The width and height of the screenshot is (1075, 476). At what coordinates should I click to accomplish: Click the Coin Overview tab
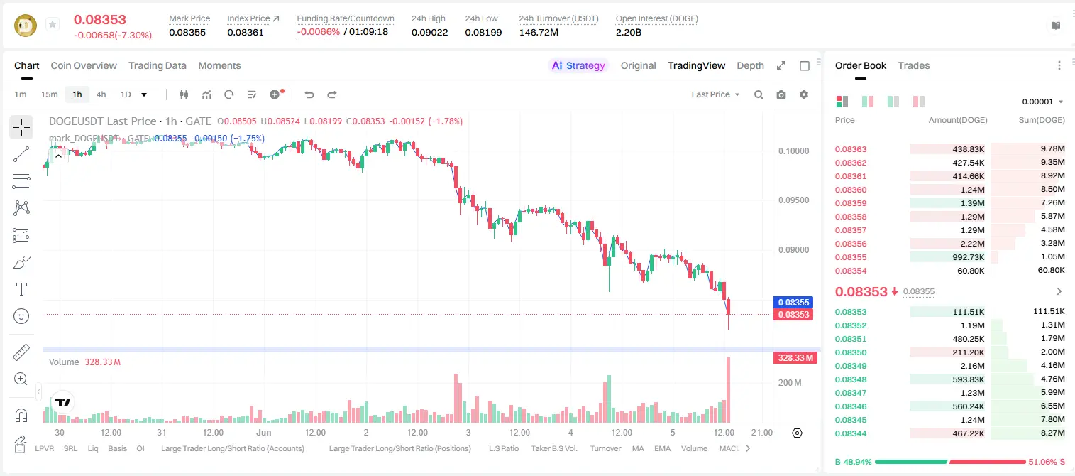[x=84, y=65]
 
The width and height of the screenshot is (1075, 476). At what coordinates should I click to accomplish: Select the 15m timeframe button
[x=49, y=94]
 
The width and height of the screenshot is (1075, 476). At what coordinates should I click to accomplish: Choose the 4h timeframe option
[x=101, y=94]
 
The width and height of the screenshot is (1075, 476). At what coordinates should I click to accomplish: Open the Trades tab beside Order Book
[x=914, y=65]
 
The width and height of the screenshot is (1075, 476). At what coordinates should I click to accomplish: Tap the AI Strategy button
[x=578, y=65]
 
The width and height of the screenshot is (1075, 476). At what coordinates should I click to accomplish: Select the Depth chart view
[x=750, y=65]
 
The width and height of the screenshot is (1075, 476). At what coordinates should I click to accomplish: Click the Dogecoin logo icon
[x=26, y=26]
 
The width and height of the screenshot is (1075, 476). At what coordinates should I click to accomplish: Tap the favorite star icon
[x=53, y=24]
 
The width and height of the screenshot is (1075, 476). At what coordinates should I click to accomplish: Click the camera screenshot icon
[x=781, y=94]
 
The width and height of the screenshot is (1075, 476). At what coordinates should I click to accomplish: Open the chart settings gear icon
[x=804, y=94]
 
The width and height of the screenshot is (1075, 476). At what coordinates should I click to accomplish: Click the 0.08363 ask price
[x=850, y=149]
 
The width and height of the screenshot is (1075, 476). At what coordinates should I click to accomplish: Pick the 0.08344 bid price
[x=850, y=433]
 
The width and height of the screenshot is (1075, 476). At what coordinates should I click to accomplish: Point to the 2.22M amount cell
[x=972, y=244]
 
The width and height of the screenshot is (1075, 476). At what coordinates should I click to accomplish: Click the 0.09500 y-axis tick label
[x=794, y=200]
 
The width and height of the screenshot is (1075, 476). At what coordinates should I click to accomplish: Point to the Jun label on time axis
[x=263, y=432]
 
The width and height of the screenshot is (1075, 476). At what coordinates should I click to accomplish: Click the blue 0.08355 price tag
[x=793, y=302]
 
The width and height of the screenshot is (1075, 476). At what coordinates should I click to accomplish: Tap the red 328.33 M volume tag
[x=795, y=358]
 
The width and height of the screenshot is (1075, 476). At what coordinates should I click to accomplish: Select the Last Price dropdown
[x=715, y=94]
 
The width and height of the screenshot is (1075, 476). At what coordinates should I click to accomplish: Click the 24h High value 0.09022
[x=429, y=32]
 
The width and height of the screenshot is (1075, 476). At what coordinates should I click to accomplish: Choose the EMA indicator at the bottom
[x=662, y=448]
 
